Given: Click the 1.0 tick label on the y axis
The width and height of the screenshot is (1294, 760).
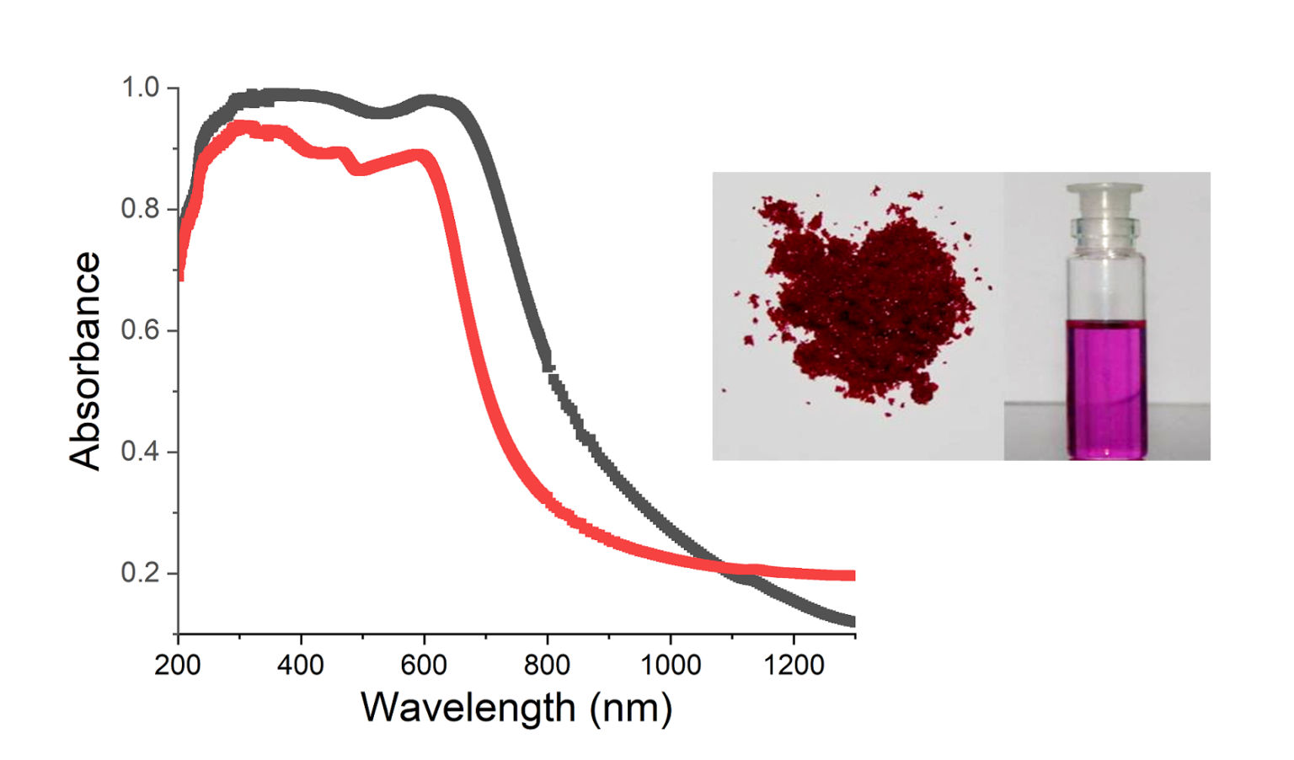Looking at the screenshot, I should pos(140,88).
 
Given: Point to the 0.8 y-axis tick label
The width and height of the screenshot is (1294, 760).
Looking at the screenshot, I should pos(140,209).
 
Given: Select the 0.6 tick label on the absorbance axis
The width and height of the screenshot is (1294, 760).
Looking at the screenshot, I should pos(140,330).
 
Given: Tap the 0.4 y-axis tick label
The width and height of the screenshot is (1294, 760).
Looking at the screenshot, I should pos(140,452).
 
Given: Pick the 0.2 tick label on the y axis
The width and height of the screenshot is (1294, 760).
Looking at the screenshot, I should pos(140,573).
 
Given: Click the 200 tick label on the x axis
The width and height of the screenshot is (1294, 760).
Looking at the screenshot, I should pos(178,666).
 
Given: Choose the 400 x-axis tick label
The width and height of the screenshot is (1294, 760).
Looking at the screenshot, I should pos(301,666).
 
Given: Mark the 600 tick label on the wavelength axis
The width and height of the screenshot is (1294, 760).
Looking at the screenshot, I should pos(424,666).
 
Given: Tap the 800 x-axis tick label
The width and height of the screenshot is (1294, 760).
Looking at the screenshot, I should pos(547,666).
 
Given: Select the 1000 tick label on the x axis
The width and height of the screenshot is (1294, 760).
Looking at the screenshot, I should pos(670,666).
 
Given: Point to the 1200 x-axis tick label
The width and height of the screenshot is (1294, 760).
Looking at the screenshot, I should pos(793,666).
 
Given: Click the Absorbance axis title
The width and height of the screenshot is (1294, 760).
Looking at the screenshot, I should pos(85,361).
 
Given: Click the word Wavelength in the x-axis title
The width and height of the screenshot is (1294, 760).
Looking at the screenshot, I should pos(468,708).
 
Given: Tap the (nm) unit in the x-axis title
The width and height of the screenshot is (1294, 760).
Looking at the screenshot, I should pos(631,708).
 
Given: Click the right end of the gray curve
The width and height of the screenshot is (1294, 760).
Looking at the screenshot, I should pos(853,621).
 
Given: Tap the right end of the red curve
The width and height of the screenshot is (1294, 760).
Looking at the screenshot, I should pos(853,575).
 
